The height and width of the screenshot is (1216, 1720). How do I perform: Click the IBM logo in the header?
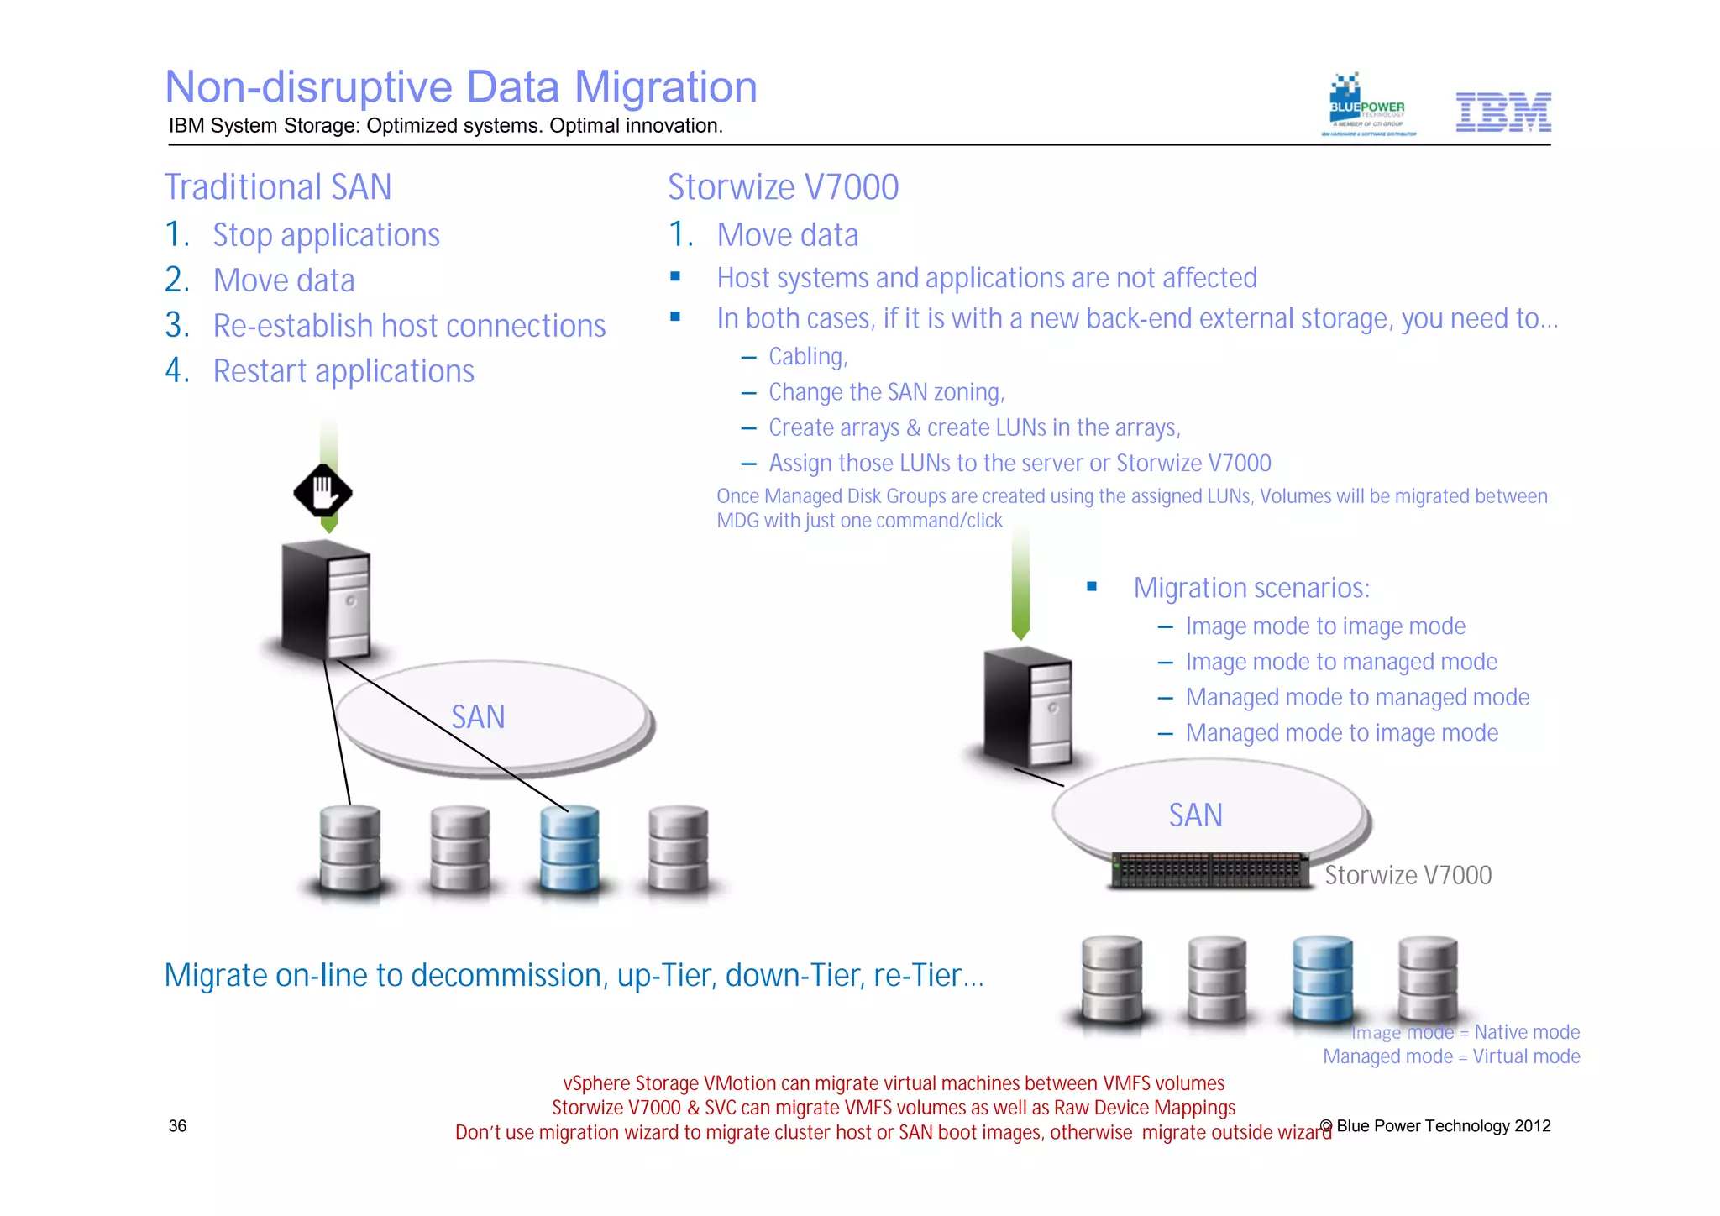1502,112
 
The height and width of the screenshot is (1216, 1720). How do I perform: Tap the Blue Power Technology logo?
1367,106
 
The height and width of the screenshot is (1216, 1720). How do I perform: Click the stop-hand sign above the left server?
322,492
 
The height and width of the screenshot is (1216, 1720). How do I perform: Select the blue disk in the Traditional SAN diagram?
570,849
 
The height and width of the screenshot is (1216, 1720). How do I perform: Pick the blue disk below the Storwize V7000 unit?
1323,979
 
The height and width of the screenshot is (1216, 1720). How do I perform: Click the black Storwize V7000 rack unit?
1209,870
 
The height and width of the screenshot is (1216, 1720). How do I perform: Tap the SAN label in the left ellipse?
478,717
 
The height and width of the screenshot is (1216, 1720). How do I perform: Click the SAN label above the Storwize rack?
1195,815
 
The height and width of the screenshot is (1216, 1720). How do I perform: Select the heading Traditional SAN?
278,187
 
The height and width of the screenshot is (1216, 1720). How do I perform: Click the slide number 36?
178,1126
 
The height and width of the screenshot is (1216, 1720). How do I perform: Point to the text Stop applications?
326,235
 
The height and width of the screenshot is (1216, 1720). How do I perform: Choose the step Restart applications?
343,371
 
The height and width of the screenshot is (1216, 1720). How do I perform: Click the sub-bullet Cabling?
808,357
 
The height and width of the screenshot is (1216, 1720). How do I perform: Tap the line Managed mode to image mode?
1341,733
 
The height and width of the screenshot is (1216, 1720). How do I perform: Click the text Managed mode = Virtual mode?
1451,1056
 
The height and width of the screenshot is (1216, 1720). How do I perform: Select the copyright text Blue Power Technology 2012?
1443,1126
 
